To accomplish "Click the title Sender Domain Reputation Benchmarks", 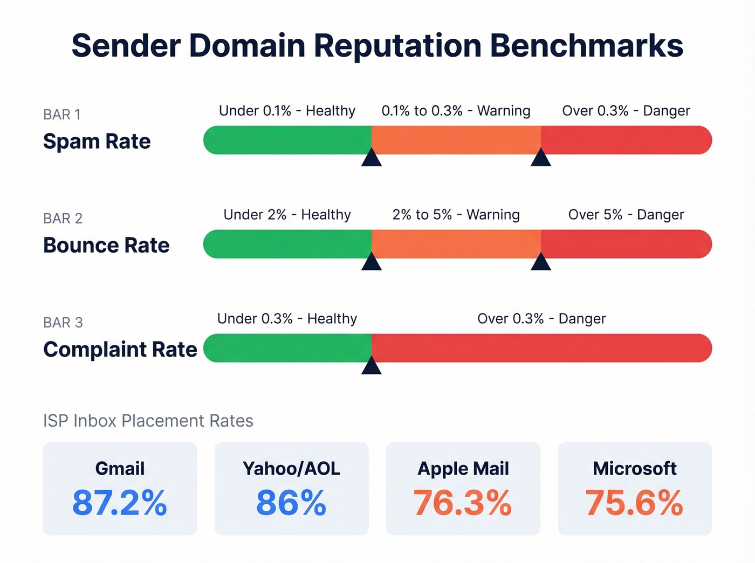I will point(377,46).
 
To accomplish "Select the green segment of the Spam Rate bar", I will point(287,140).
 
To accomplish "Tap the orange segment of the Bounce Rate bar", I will point(456,244).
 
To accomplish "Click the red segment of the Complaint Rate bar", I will point(541,348).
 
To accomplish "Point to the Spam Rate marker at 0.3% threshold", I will point(540,158).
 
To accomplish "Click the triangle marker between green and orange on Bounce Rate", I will point(372,262).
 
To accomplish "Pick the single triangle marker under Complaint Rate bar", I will point(372,366).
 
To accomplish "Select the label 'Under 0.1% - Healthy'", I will point(287,111).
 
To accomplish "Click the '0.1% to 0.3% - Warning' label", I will point(456,111).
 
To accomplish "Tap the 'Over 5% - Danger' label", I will point(626,215).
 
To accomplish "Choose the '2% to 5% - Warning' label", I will point(456,215).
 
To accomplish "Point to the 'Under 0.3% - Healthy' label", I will point(287,319).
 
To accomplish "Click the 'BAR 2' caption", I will point(63,218).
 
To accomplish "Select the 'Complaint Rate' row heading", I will point(120,350).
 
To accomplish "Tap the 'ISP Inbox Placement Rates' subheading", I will point(148,421).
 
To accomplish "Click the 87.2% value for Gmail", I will point(120,503).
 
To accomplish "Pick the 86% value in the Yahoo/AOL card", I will point(291,503).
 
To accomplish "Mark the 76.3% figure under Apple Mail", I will point(463,503).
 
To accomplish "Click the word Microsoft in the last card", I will point(635,469).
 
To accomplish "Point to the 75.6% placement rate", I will point(635,503).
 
